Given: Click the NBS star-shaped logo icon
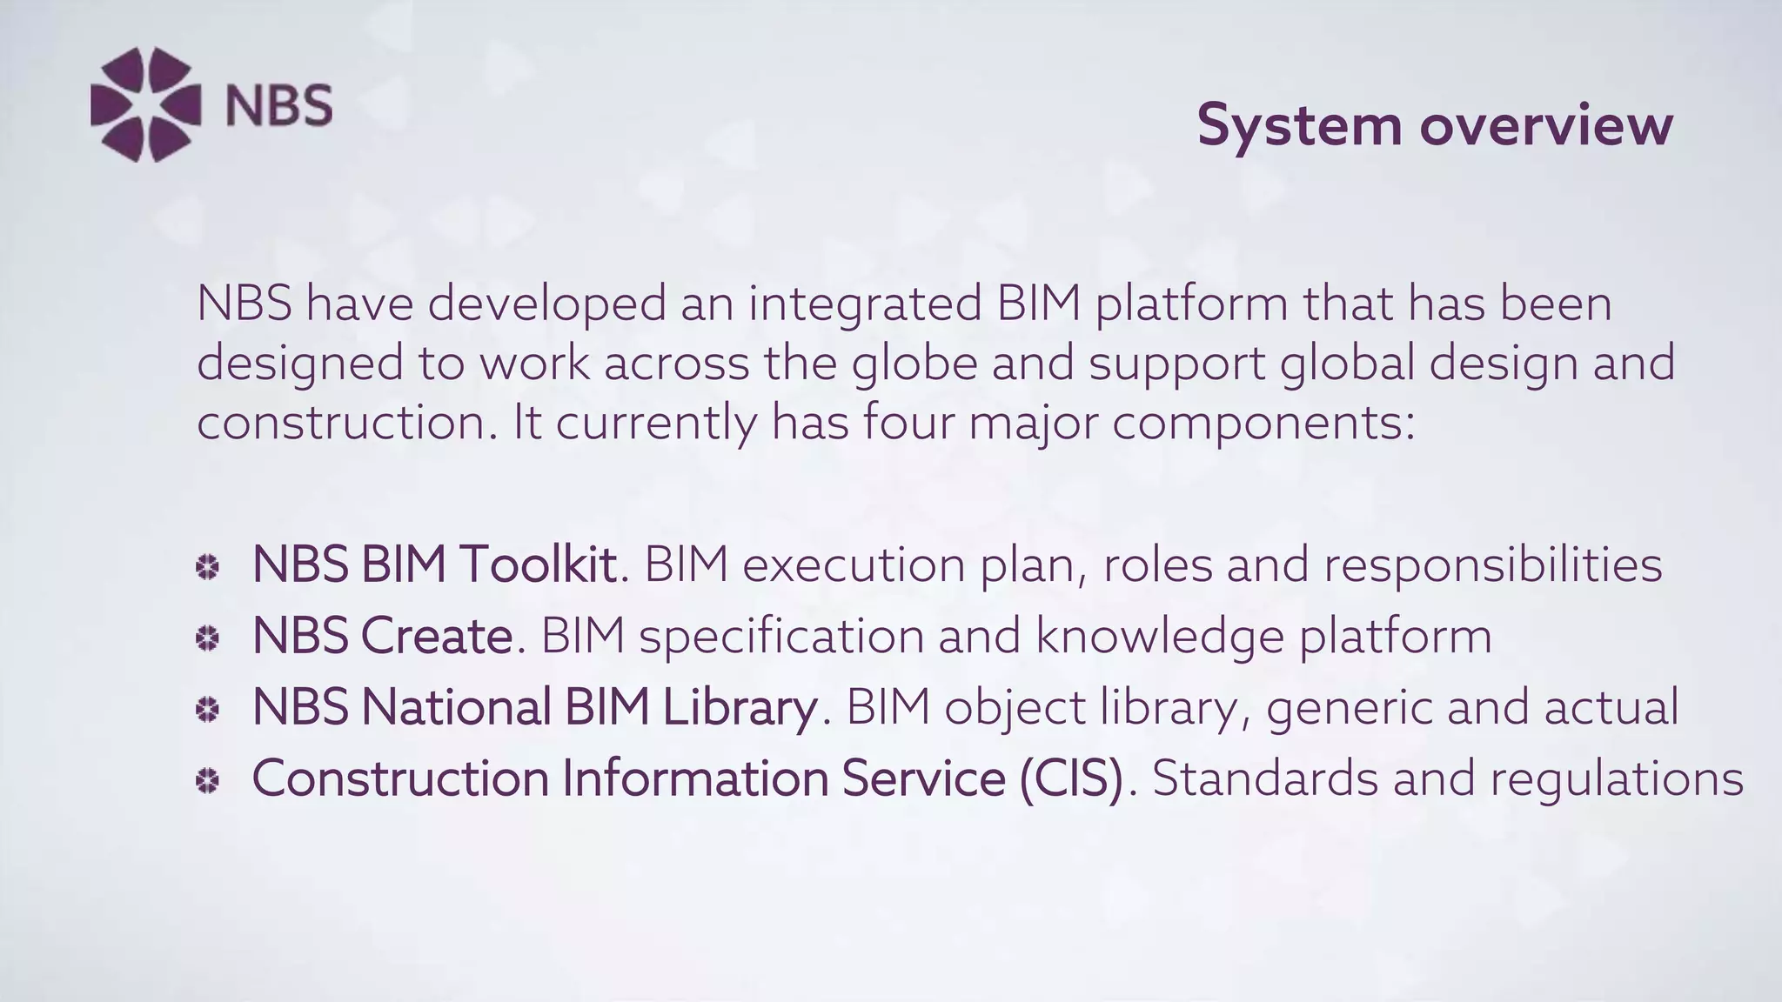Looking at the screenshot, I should click(x=145, y=104).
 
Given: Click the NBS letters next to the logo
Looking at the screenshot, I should click(x=278, y=106).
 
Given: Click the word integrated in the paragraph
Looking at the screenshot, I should click(x=864, y=304).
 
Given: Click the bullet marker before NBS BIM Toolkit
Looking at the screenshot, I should click(x=207, y=568).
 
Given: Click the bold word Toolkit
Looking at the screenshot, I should click(x=538, y=564).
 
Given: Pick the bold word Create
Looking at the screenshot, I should click(x=436, y=635).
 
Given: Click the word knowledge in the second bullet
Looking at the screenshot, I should click(x=1159, y=636).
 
